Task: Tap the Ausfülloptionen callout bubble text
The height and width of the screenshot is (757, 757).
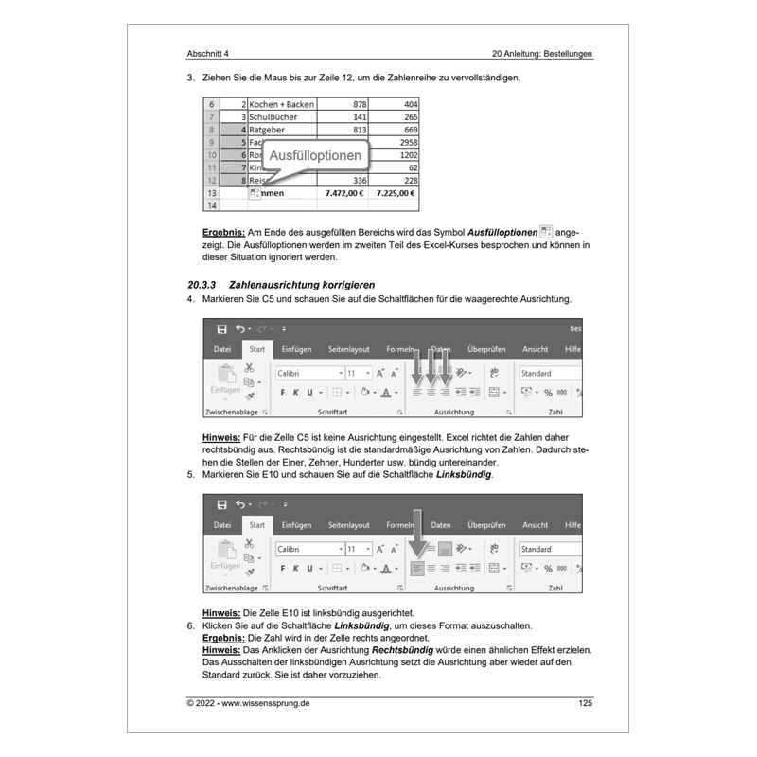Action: click(314, 155)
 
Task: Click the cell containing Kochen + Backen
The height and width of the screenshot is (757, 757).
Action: click(281, 104)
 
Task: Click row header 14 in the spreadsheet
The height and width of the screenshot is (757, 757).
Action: click(211, 204)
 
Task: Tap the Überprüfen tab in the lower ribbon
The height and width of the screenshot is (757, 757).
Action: click(486, 525)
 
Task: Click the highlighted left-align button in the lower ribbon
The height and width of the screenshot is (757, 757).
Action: click(417, 568)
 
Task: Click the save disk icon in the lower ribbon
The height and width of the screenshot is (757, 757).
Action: click(221, 505)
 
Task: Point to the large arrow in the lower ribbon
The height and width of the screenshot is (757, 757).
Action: click(417, 534)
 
